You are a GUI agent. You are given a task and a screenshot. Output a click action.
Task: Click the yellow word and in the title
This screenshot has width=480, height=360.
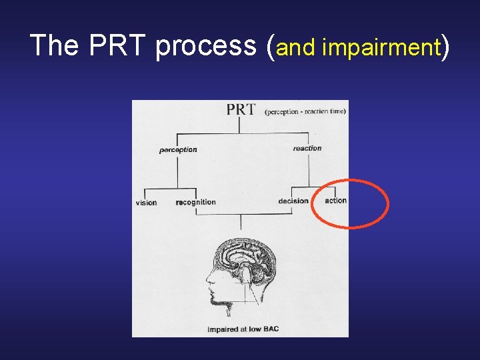click(295, 47)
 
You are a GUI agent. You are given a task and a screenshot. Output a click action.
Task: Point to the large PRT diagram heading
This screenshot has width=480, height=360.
click(240, 110)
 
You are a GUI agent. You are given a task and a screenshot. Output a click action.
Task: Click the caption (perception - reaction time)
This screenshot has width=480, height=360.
click(305, 111)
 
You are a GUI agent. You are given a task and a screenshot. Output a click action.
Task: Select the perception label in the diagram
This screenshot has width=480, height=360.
click(178, 150)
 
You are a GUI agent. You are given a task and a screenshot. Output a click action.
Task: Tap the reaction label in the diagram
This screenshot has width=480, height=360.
click(307, 149)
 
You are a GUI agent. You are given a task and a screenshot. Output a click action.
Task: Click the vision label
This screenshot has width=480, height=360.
click(146, 203)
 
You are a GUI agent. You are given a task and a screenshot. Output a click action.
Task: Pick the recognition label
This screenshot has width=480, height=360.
click(196, 202)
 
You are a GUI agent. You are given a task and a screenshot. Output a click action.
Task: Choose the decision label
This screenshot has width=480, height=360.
click(293, 201)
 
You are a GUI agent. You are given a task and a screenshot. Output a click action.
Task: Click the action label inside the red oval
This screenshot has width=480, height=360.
click(335, 201)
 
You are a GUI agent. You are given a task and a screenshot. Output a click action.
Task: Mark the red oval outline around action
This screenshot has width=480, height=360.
click(387, 203)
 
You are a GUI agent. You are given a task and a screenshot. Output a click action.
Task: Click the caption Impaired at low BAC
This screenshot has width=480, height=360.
click(243, 329)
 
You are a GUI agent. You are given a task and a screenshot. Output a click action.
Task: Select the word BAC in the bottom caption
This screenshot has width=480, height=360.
click(270, 329)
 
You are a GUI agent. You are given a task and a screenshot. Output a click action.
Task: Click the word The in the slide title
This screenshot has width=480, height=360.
click(54, 46)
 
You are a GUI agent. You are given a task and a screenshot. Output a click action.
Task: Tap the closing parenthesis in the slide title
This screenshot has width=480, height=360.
click(445, 47)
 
